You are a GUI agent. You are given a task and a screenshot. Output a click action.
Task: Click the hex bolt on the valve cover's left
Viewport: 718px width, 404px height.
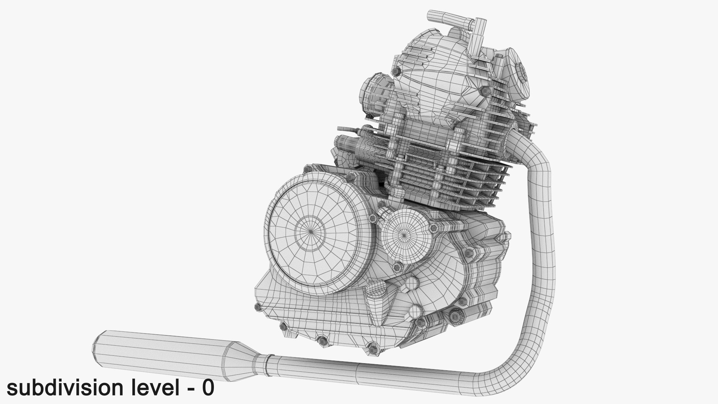397,71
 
